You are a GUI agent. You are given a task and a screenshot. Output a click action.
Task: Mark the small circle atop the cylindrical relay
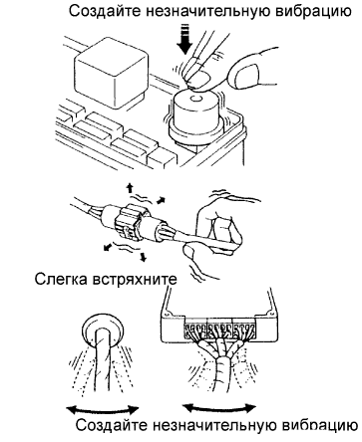195,99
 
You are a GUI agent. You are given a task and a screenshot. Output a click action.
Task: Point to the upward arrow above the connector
130,189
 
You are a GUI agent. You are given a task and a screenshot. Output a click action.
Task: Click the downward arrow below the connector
143,257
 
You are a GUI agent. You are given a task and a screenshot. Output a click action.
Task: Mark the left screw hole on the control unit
168,313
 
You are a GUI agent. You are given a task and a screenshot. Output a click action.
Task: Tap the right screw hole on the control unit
269,313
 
